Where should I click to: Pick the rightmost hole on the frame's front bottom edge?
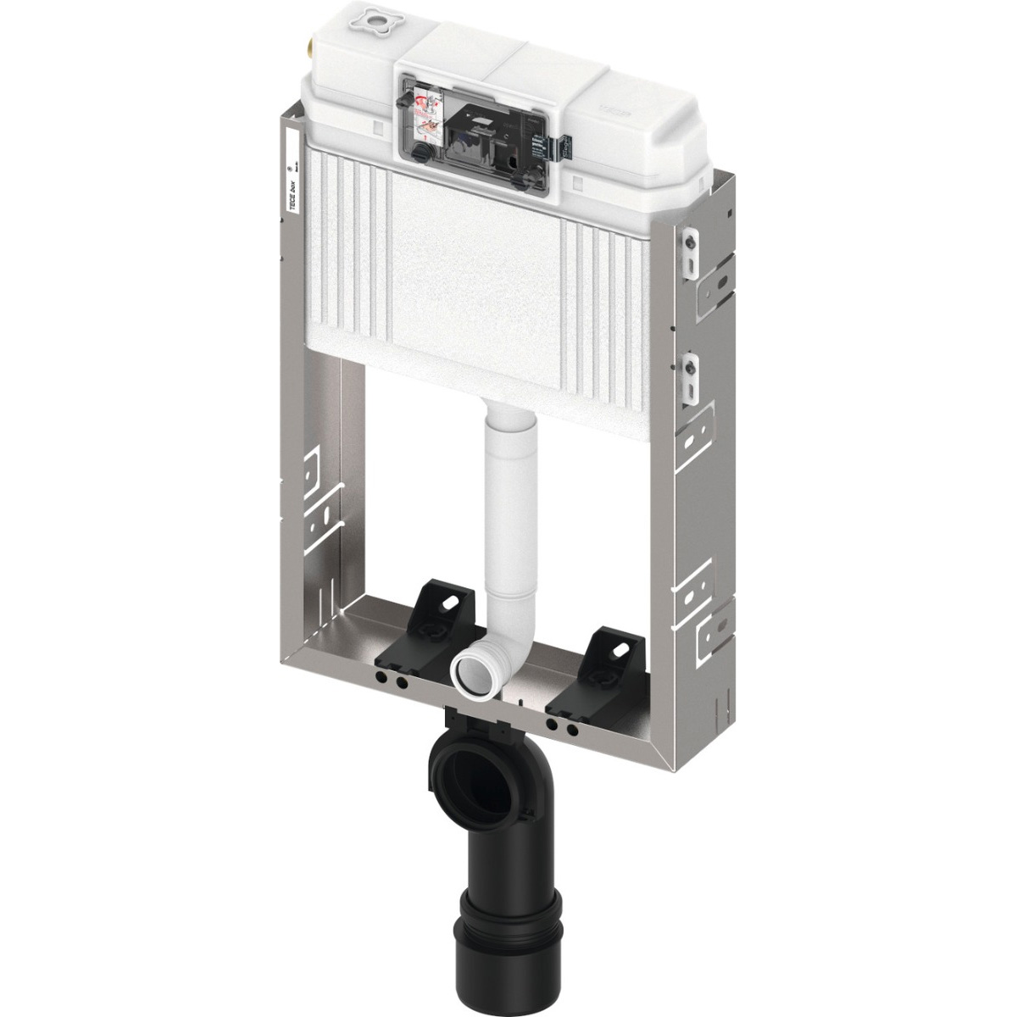tap(573, 730)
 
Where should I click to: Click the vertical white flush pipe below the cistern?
tap(512, 508)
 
